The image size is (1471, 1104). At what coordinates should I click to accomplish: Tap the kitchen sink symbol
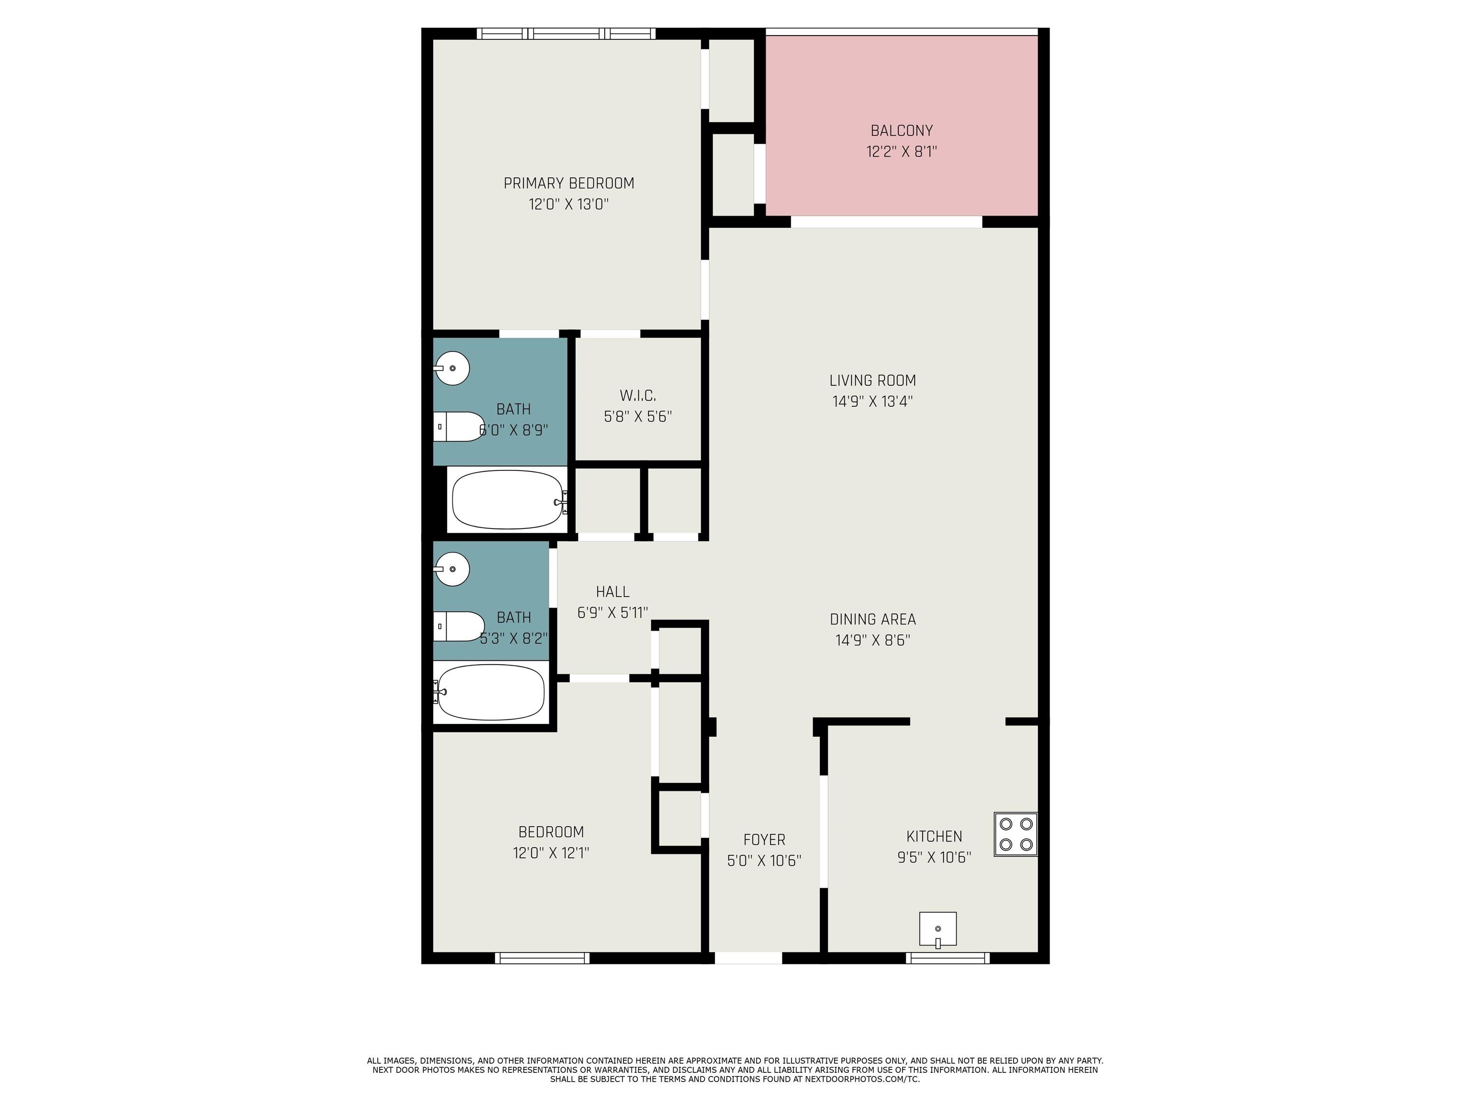[x=938, y=929]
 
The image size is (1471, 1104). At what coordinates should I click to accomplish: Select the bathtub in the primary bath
[x=507, y=500]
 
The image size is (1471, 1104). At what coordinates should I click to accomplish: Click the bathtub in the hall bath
[x=491, y=692]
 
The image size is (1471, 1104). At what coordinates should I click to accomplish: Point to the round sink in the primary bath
[x=452, y=368]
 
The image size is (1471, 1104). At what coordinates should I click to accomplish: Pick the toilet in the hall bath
[x=459, y=626]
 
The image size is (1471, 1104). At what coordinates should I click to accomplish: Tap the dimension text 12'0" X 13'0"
[x=568, y=204]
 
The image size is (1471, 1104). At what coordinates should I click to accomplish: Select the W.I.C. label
[x=638, y=396]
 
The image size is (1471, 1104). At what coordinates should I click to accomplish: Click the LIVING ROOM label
[x=872, y=380]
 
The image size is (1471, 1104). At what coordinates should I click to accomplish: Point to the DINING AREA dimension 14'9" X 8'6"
[x=872, y=640]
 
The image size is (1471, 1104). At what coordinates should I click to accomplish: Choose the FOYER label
[x=764, y=840]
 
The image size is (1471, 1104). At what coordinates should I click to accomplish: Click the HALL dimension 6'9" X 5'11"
[x=612, y=613]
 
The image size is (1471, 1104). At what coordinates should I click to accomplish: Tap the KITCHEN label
[x=934, y=837]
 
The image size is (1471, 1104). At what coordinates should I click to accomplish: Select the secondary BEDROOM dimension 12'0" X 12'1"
[x=551, y=852]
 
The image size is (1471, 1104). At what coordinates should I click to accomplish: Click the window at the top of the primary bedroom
[x=566, y=33]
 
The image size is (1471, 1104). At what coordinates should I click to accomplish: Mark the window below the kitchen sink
[x=948, y=958]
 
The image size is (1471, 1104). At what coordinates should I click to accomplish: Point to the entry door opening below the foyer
[x=748, y=958]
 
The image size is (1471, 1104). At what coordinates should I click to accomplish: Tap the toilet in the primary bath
[x=459, y=426]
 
